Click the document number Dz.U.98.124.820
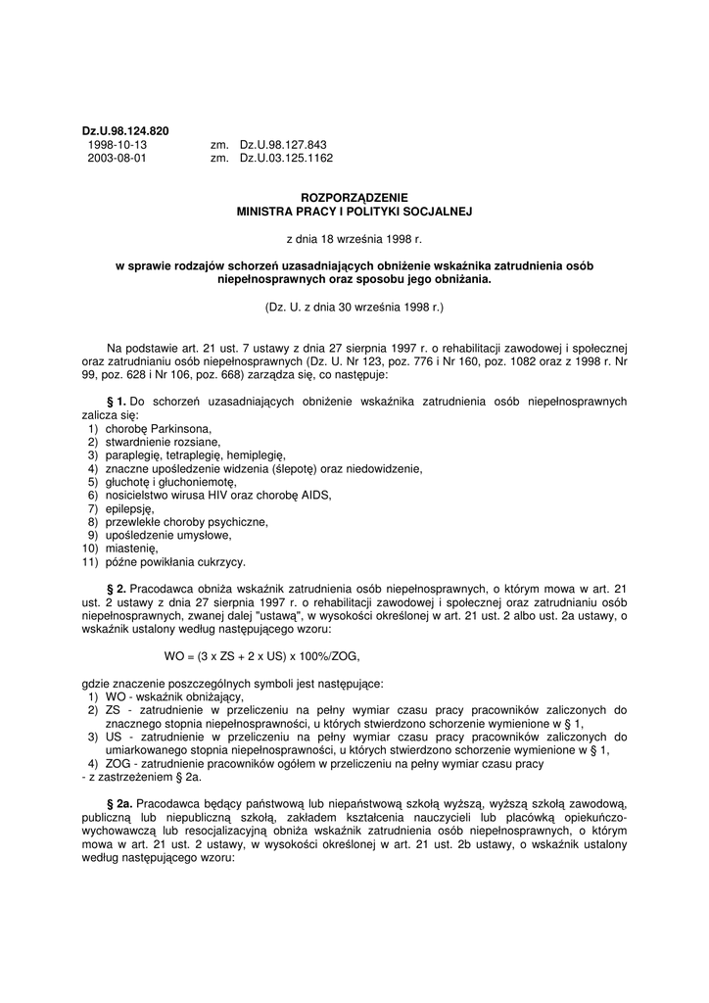click(x=125, y=131)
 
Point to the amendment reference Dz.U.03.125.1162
click(x=286, y=157)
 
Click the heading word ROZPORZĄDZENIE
click(x=354, y=197)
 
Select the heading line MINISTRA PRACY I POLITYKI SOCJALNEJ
click(x=354, y=210)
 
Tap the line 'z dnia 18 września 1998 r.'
click(x=354, y=237)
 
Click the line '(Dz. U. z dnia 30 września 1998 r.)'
click(x=354, y=307)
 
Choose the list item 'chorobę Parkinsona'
click(x=152, y=429)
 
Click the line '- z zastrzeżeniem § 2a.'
click(x=140, y=777)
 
